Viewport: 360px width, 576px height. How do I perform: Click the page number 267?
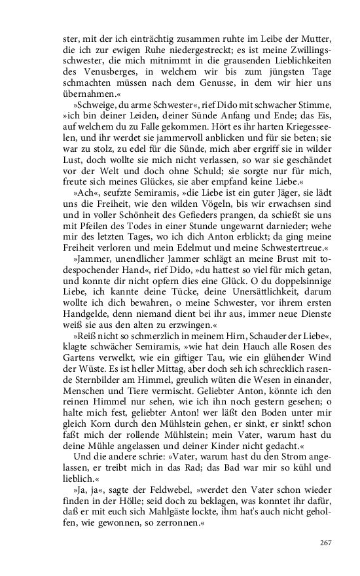(326, 543)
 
